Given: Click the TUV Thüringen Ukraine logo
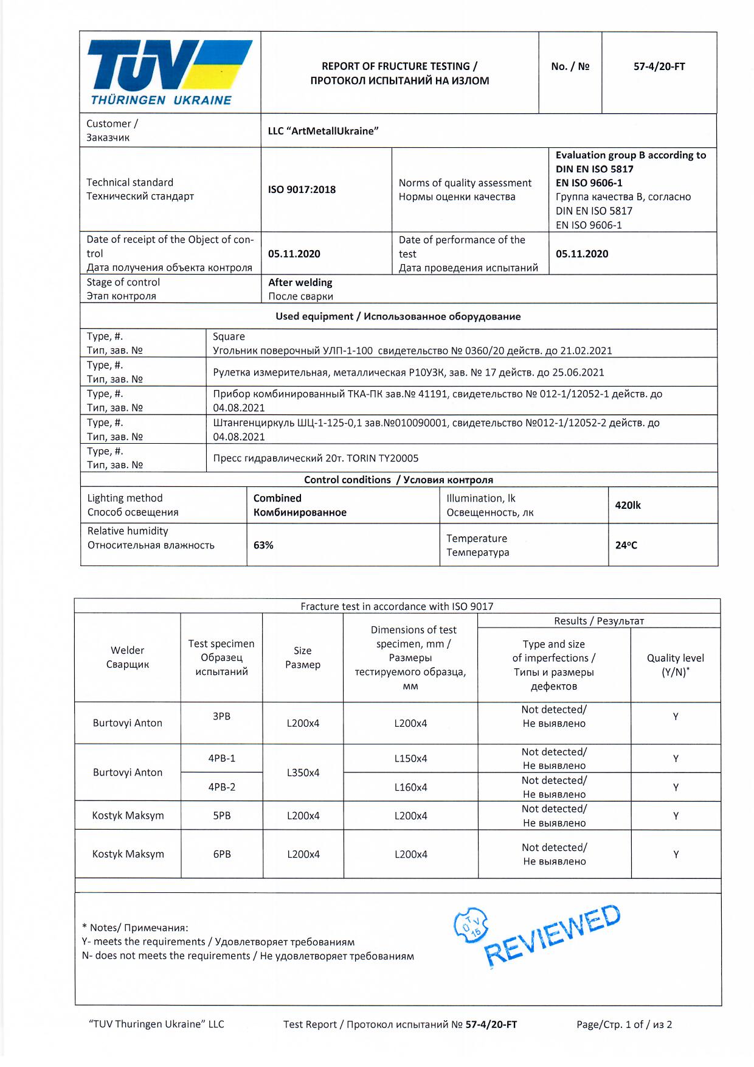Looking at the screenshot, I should click(x=170, y=72).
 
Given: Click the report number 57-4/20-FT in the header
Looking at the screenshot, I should click(x=659, y=66).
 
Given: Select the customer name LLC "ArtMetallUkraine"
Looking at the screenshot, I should click(x=323, y=131).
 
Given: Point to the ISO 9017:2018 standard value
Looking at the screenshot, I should click(x=302, y=189).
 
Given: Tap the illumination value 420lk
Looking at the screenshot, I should click(x=628, y=505).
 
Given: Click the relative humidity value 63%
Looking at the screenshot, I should click(x=263, y=545).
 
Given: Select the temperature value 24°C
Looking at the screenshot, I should click(x=626, y=545).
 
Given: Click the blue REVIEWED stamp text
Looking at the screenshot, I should click(x=552, y=936).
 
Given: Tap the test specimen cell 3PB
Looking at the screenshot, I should click(x=221, y=716).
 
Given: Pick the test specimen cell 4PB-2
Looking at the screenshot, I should click(x=221, y=787).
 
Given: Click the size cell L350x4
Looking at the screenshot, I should click(x=303, y=772).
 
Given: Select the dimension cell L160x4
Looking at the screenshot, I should click(x=410, y=787).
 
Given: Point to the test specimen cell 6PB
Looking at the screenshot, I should click(x=221, y=854).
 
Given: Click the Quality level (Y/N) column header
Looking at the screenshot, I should click(x=675, y=665).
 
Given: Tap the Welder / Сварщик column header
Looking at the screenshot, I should click(x=127, y=657).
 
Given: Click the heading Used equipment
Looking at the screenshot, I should click(x=398, y=317).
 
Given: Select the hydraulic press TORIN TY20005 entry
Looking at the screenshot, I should click(x=316, y=458).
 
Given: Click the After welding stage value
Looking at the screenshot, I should click(x=300, y=282).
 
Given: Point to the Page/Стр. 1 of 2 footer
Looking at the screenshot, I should click(x=624, y=1024).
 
